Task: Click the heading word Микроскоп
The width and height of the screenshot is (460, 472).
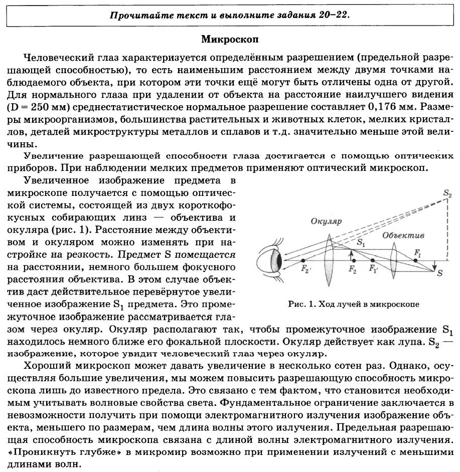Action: pos(230,39)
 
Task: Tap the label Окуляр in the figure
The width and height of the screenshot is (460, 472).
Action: pos(326,221)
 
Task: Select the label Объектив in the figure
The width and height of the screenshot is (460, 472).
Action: pos(403,235)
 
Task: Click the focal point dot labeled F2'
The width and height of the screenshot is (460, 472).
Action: pos(303,261)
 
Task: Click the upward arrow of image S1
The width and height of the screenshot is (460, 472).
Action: pos(353,254)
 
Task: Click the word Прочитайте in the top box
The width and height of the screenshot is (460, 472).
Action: pos(134,15)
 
